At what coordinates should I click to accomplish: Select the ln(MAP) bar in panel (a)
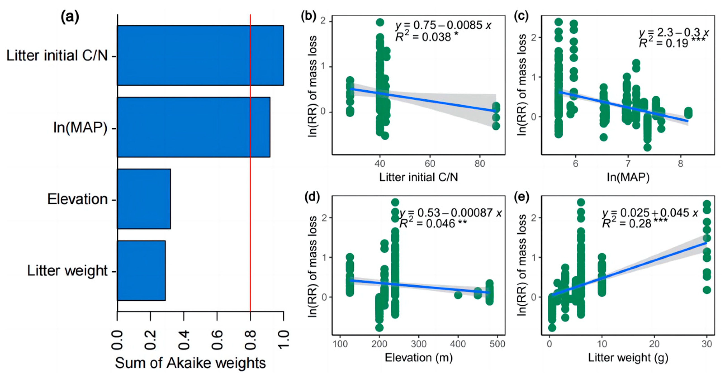[x=193, y=127]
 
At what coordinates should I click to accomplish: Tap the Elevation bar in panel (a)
[x=144, y=199]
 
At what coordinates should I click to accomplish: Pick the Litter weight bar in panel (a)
[x=141, y=270]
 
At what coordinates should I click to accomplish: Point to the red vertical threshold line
[x=250, y=169]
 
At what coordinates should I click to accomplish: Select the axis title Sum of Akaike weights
[x=190, y=363]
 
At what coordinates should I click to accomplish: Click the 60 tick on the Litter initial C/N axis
[x=430, y=164]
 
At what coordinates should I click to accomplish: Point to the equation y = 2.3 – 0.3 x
[x=673, y=33]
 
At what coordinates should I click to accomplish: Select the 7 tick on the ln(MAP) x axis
[x=628, y=164]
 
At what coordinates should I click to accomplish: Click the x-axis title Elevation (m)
[x=419, y=358]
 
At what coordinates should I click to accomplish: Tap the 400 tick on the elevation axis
[x=458, y=344]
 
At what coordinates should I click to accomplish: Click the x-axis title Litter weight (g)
[x=628, y=358]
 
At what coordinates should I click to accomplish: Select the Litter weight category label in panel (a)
[x=67, y=270]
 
